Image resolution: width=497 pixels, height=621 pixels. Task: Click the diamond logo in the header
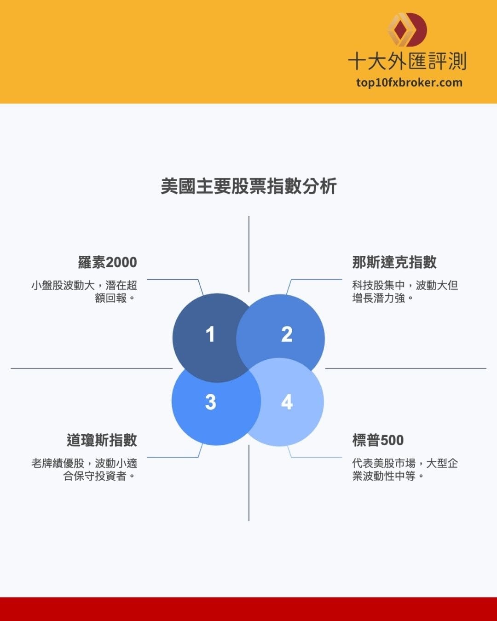coord(407,29)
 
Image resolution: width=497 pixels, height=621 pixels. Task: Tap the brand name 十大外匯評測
coord(407,61)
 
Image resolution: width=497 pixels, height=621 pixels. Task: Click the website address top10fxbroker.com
coord(409,83)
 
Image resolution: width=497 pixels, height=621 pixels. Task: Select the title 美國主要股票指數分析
coord(248,186)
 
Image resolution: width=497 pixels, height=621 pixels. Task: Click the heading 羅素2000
coord(107,262)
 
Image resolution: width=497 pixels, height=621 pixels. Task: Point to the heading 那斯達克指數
coord(394,262)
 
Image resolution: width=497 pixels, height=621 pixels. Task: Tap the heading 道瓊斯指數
coord(102,440)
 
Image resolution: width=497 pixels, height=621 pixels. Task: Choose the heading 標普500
coord(378,440)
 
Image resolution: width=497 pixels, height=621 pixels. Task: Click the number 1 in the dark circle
coord(210,334)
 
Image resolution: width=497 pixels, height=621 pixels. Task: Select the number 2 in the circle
coord(287,334)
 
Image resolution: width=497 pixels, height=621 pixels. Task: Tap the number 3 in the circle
coord(210,402)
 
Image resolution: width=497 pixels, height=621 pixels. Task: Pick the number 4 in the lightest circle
coord(287,402)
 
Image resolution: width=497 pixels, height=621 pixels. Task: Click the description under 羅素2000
coord(84,292)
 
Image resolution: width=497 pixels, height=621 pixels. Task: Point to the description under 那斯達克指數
coord(405,292)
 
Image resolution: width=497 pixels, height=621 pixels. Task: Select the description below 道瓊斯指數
coord(84,470)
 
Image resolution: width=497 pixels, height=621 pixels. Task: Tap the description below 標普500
coord(405,470)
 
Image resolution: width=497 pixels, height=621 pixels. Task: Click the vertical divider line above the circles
coord(249,253)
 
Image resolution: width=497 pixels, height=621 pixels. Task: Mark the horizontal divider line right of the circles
coord(405,368)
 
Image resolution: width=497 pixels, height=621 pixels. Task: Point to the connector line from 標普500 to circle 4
coord(318,458)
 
